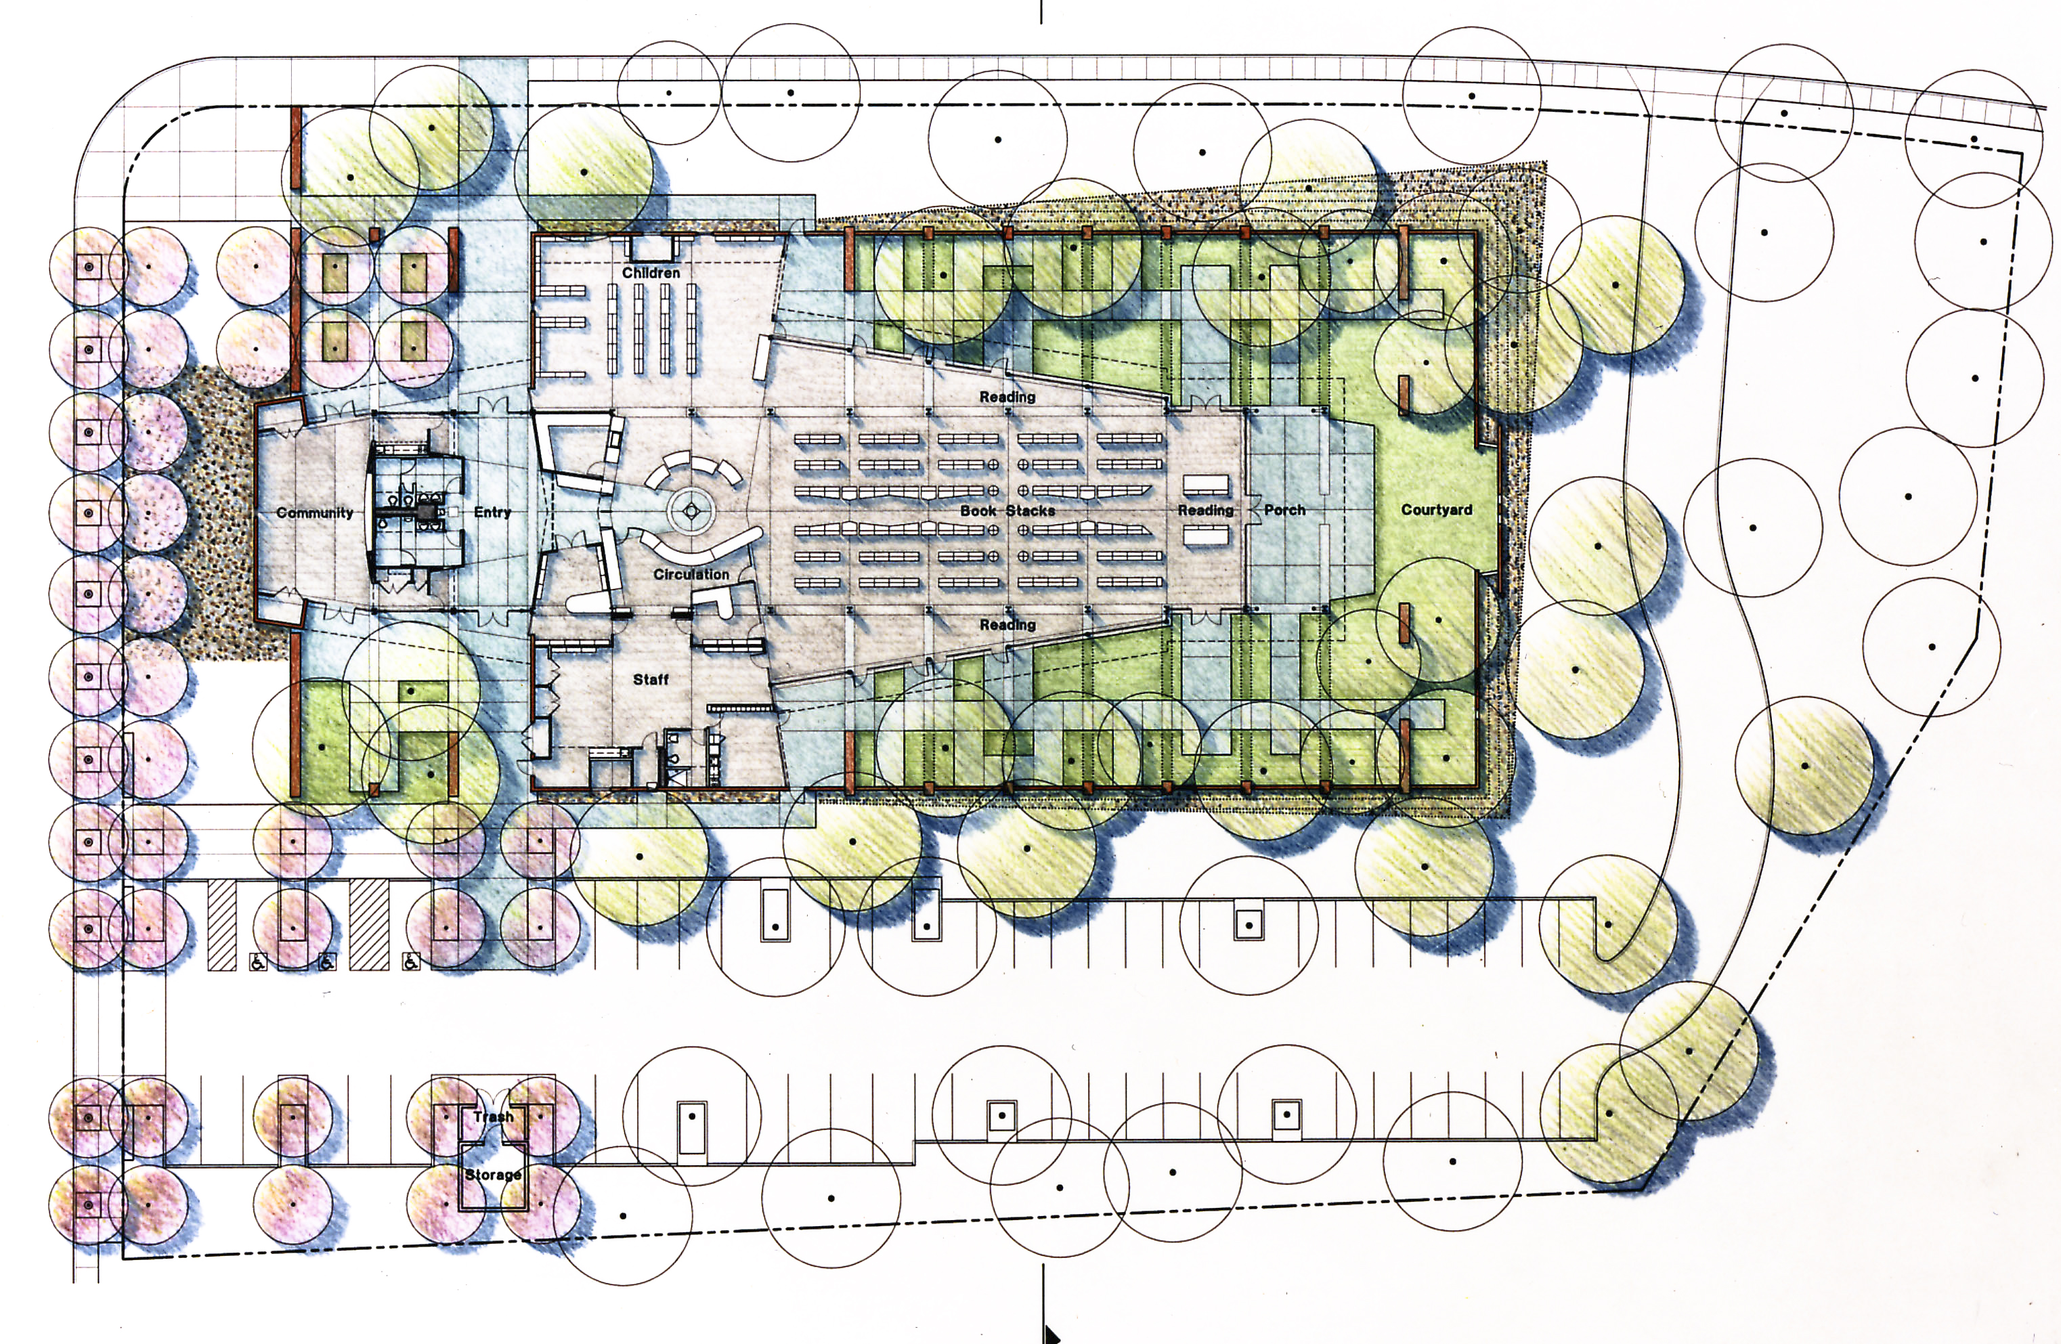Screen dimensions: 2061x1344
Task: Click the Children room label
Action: click(651, 273)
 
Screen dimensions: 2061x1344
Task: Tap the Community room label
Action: click(314, 513)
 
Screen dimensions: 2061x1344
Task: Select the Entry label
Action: click(493, 513)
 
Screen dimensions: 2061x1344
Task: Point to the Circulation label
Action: click(691, 574)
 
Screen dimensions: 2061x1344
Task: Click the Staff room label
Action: click(651, 680)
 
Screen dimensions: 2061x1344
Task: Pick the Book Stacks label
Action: click(1007, 511)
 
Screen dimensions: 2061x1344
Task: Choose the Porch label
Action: click(1284, 510)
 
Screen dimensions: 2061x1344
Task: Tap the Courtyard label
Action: click(1437, 510)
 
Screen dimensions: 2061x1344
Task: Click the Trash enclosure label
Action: click(493, 1117)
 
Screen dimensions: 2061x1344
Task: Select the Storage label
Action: click(493, 1175)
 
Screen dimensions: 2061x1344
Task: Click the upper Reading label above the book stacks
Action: click(1007, 397)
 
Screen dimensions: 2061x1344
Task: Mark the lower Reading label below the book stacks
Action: click(1007, 624)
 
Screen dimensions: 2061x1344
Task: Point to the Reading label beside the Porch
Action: click(1205, 510)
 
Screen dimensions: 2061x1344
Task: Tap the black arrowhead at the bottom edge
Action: click(1050, 1332)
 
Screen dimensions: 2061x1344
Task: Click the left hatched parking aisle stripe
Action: click(221, 925)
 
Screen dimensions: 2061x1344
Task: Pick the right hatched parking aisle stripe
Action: click(368, 925)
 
